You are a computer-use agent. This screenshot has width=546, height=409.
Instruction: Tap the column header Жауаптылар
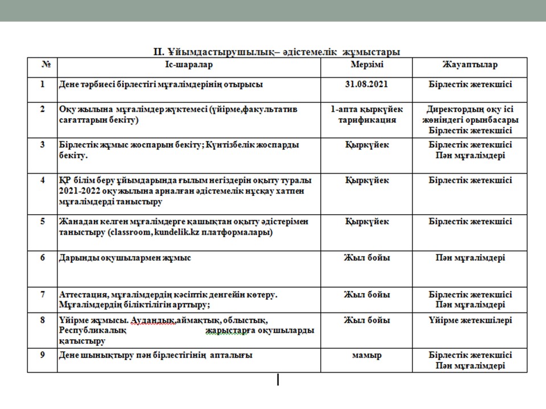click(x=470, y=65)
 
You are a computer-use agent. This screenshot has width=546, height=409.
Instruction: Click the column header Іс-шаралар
click(x=189, y=65)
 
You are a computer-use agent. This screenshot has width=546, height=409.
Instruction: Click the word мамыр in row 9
click(x=366, y=356)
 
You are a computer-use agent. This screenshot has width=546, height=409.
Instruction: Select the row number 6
click(x=42, y=258)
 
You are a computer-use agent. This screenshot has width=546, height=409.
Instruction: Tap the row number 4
click(x=42, y=181)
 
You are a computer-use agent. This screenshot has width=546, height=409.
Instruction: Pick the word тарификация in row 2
click(x=366, y=120)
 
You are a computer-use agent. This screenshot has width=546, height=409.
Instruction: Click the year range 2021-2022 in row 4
click(x=80, y=191)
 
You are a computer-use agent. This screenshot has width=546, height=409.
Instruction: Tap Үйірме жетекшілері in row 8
click(x=470, y=320)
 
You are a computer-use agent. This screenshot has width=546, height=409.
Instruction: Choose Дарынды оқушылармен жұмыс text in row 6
click(x=125, y=258)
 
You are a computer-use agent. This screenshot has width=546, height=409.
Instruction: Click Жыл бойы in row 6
click(x=366, y=258)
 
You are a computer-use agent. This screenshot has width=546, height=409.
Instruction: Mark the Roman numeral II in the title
click(x=159, y=52)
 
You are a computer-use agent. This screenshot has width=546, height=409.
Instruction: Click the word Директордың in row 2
click(x=453, y=109)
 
